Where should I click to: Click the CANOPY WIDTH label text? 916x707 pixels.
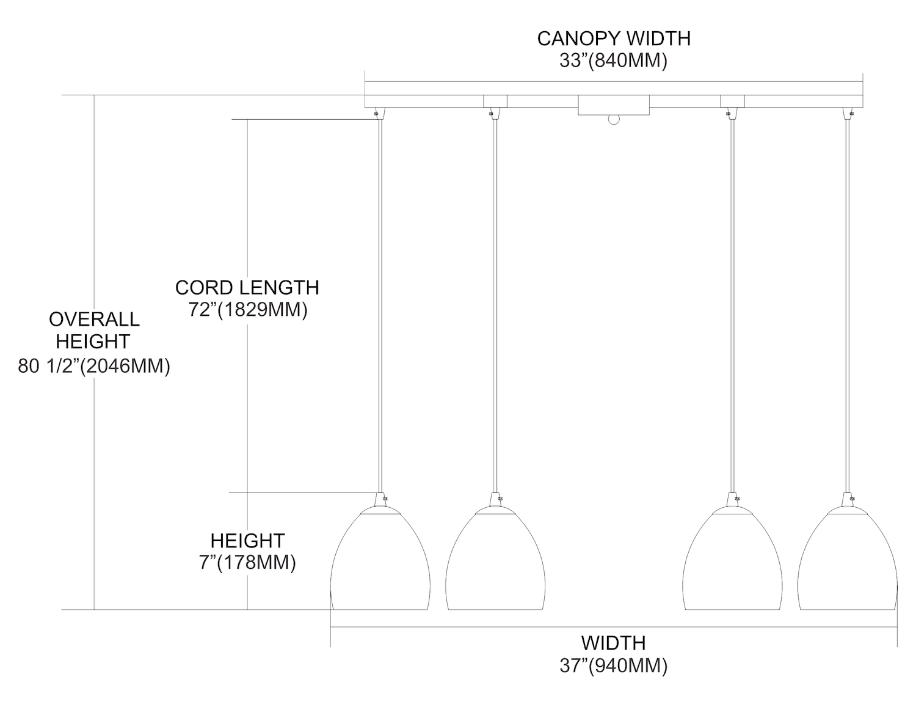pos(613,38)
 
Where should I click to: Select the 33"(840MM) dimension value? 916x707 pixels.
pos(613,60)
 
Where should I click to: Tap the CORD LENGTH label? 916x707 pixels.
pos(247,287)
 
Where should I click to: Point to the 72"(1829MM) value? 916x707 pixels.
pos(247,310)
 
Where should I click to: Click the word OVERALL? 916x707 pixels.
pos(94,319)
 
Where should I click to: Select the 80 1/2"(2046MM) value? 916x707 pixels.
pos(94,366)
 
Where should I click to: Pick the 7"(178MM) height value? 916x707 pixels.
pos(247,562)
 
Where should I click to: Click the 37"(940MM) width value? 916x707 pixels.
pos(613,665)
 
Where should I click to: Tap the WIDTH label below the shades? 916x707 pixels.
pos(613,643)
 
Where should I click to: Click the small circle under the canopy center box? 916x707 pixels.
pos(613,120)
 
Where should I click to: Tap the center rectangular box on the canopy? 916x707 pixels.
pos(613,105)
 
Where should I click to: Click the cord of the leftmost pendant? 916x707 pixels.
pos(380,306)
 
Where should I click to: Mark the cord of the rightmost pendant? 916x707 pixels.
pos(848,306)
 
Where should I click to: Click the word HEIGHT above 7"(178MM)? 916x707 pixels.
pos(247,540)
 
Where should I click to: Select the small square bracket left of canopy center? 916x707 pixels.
pos(495,101)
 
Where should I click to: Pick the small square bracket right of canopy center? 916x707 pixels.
pos(733,101)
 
